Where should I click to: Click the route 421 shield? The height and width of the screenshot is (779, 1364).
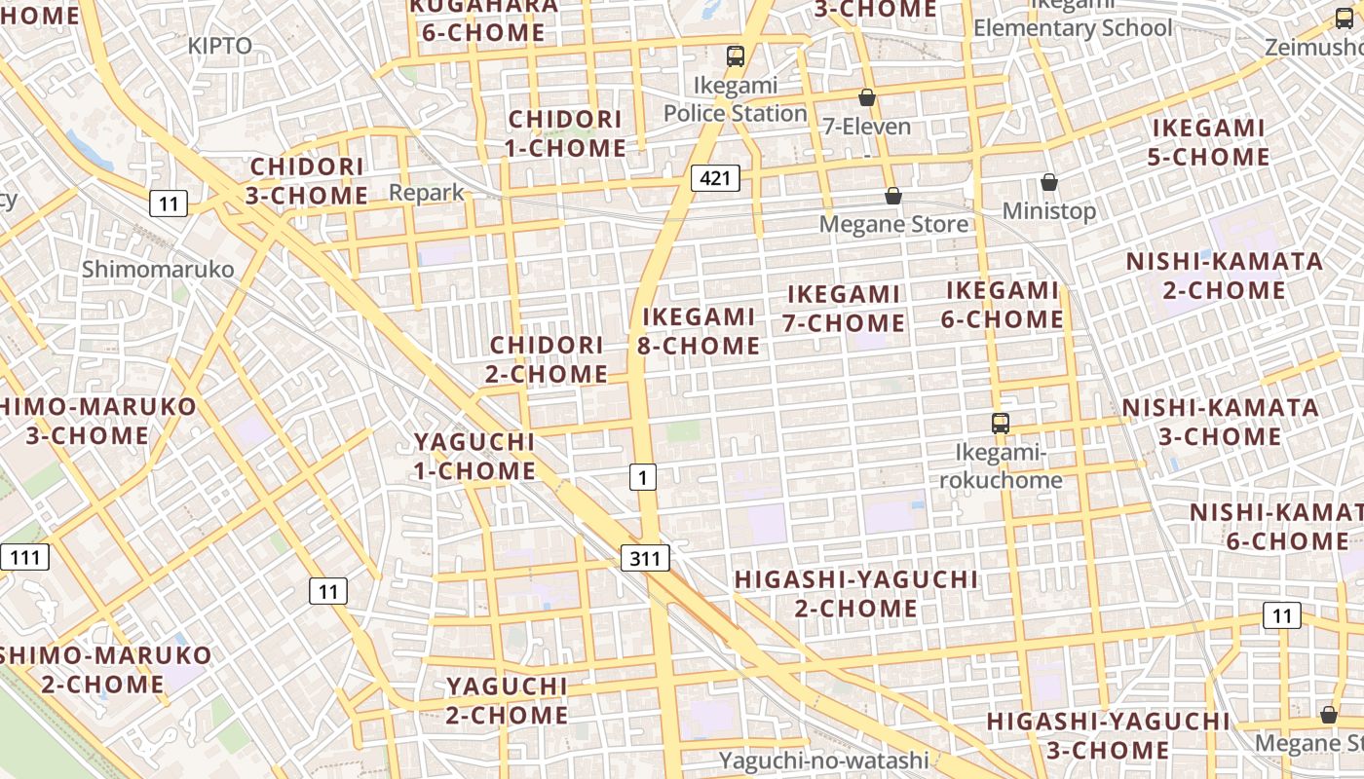tap(715, 177)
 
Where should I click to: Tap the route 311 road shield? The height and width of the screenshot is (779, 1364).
tap(645, 558)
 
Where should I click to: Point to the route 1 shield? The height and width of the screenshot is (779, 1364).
tap(642, 477)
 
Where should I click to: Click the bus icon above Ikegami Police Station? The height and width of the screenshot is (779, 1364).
tap(736, 56)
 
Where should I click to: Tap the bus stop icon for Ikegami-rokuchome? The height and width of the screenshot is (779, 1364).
tap(1000, 424)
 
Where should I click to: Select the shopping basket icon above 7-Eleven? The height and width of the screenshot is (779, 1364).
tap(866, 97)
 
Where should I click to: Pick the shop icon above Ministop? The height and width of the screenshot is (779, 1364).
tap(1049, 182)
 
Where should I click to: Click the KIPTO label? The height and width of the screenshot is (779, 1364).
tap(220, 46)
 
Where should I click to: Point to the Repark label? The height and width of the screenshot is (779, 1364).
tap(427, 193)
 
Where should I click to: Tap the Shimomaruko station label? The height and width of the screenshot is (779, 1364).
tap(158, 269)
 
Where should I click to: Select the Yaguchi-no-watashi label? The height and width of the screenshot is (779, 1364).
tap(824, 760)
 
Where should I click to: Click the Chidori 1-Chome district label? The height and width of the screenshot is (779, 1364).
tap(566, 133)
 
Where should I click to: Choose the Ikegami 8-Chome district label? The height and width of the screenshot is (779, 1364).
tap(699, 331)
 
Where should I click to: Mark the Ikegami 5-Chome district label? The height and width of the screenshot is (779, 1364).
tap(1209, 142)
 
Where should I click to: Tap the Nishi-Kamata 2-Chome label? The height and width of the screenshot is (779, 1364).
tap(1225, 276)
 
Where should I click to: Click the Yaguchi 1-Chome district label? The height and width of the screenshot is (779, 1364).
tap(475, 456)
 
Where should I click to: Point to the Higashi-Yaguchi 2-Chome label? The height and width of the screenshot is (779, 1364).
tap(855, 594)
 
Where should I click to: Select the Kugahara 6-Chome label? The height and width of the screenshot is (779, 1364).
tap(484, 19)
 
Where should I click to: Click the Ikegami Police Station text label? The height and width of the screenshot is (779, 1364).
tap(736, 99)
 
